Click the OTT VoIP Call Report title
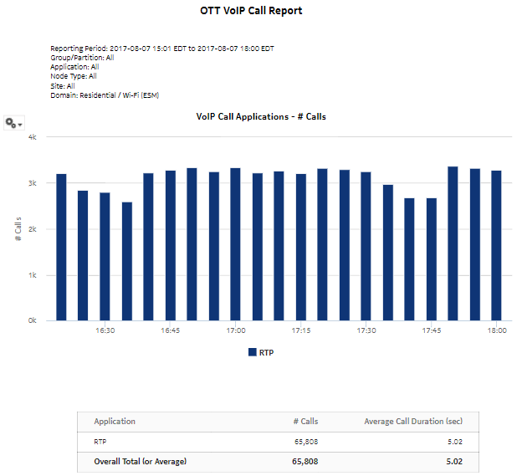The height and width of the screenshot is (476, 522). (251, 12)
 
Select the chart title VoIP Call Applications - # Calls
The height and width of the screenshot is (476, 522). (260, 116)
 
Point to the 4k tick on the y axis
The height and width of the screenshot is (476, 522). (33, 136)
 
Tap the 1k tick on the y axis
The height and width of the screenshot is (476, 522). (33, 274)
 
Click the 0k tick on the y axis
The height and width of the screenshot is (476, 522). (33, 320)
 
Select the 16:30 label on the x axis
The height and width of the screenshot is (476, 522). (105, 331)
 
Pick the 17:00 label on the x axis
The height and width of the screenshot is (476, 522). (236, 331)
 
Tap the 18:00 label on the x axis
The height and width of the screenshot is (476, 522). (497, 331)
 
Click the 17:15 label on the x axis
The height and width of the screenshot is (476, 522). (301, 331)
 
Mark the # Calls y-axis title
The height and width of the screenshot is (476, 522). (18, 228)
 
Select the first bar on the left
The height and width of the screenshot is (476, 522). (61, 247)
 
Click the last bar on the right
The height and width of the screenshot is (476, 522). (496, 245)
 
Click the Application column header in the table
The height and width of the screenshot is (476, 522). (115, 422)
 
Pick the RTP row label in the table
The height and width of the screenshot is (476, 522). (101, 441)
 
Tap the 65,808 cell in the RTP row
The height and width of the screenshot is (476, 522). (304, 441)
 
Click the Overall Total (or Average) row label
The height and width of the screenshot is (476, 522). (140, 461)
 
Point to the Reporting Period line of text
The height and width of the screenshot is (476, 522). (161, 49)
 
